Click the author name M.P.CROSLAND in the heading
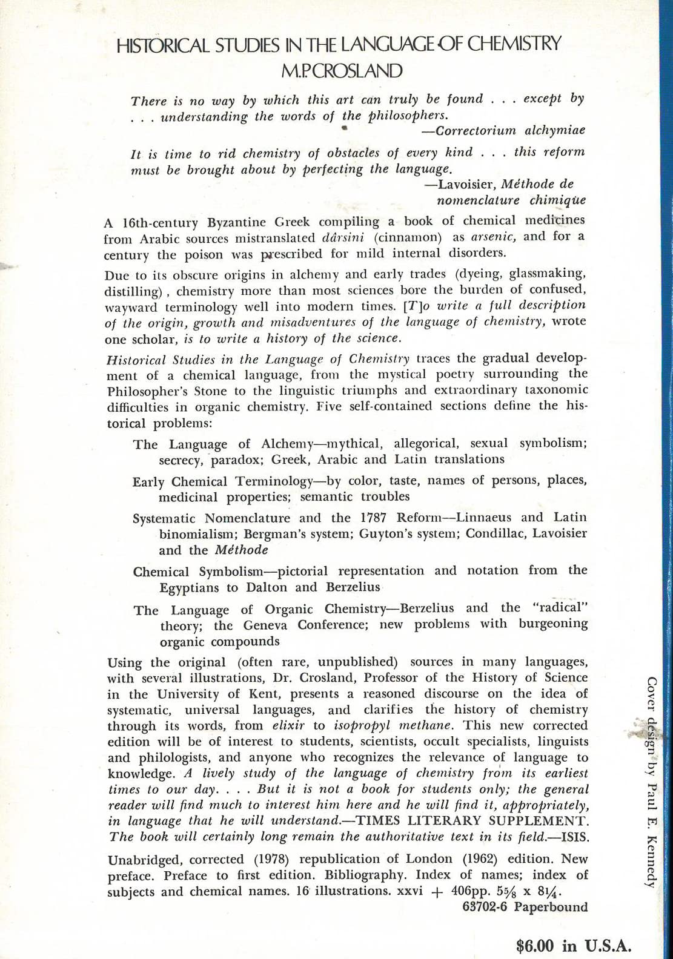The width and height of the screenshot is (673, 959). tap(342, 70)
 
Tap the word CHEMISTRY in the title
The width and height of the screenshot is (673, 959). tap(514, 44)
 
